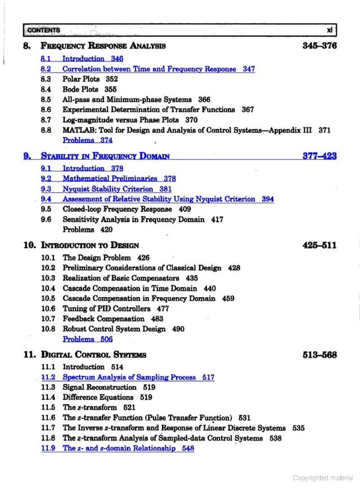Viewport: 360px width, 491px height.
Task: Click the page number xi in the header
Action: click(330, 29)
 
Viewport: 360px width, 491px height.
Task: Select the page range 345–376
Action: click(319, 45)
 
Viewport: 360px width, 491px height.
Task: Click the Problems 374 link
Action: click(87, 140)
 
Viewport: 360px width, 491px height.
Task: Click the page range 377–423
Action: click(319, 156)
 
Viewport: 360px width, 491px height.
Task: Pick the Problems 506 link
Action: click(87, 339)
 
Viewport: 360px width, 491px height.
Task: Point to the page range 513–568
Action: click(319, 355)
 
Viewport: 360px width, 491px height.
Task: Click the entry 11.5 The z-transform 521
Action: click(99, 407)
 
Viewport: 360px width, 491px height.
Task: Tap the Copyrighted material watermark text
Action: click(322, 478)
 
